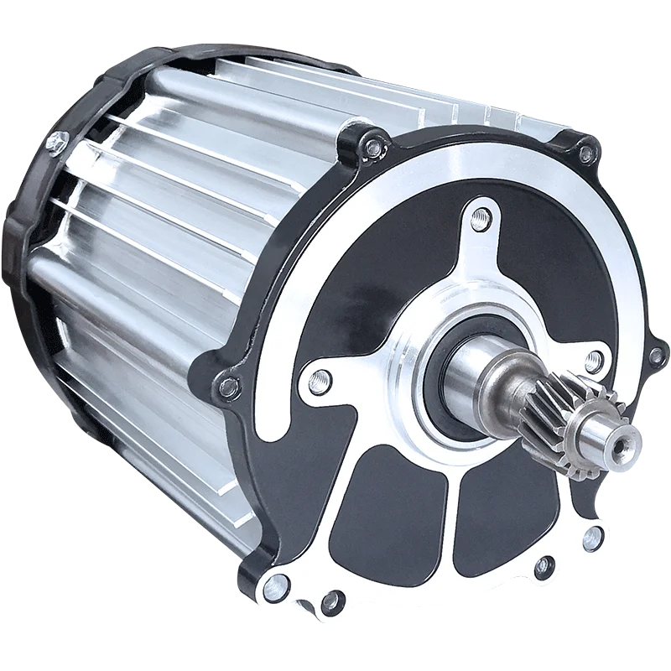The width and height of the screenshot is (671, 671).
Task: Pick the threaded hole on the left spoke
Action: click(317, 381)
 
